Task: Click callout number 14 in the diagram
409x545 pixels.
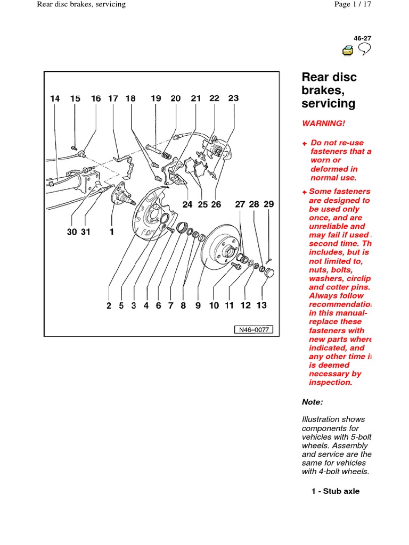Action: [55, 98]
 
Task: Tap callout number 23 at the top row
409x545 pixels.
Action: [233, 98]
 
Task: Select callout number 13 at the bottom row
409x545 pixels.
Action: [261, 305]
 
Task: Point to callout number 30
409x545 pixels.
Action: [72, 232]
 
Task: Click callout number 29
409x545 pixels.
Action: [269, 204]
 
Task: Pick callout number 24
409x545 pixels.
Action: [187, 204]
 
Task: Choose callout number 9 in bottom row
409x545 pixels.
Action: [198, 305]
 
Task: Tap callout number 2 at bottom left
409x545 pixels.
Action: [109, 305]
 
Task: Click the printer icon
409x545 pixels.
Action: [348, 51]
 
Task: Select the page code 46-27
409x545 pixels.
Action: [362, 38]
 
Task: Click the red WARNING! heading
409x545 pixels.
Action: [323, 123]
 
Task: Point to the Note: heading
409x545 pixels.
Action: [312, 402]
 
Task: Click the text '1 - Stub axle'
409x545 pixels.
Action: [336, 491]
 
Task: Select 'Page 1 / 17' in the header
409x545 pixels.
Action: [351, 4]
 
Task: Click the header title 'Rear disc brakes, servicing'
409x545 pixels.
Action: [81, 4]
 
